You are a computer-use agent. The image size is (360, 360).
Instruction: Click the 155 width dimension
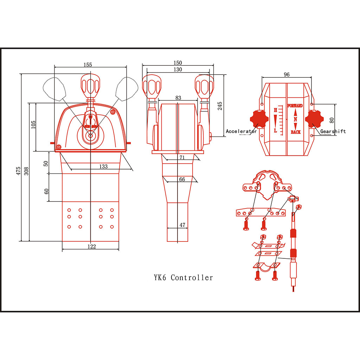click(x=88, y=65)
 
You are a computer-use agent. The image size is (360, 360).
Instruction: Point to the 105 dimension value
click(x=33, y=124)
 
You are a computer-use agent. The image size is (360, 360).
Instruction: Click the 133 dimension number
click(x=103, y=166)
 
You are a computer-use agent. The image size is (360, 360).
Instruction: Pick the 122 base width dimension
click(x=91, y=246)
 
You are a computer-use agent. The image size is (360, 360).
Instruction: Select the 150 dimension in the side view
click(x=178, y=63)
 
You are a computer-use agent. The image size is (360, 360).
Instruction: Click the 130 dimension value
click(x=178, y=70)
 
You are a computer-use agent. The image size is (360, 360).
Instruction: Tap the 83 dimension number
click(x=178, y=98)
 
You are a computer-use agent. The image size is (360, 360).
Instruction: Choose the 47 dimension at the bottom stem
click(x=182, y=225)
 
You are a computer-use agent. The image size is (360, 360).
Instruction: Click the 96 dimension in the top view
click(x=287, y=75)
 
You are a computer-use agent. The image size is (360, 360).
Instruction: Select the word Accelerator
click(x=241, y=131)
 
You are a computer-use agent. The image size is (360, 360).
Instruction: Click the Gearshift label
click(x=333, y=131)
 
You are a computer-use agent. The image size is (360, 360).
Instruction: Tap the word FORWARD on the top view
click(x=295, y=105)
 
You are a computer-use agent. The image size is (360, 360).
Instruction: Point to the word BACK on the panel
click(x=295, y=132)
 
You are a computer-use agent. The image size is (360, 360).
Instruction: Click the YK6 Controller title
click(x=183, y=278)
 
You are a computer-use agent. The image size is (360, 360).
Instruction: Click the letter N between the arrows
click(x=295, y=119)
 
